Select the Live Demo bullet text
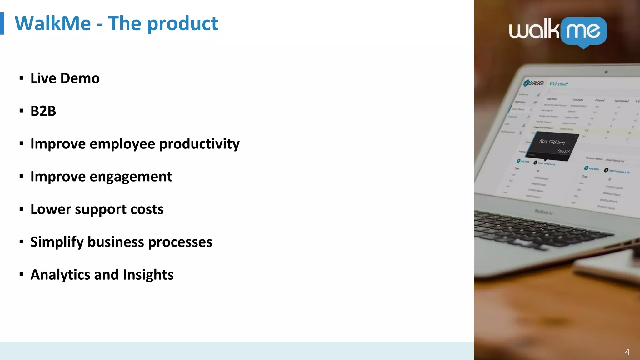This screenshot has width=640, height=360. pyautogui.click(x=65, y=78)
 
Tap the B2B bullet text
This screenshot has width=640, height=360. pyautogui.click(x=43, y=111)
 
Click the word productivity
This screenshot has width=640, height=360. pyautogui.click(x=199, y=144)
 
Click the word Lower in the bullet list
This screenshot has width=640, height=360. pyautogui.click(x=51, y=209)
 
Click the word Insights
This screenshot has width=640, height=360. pyautogui.click(x=148, y=275)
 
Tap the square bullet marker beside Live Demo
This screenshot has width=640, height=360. pyautogui.click(x=21, y=78)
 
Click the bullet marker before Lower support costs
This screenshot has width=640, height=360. pyautogui.click(x=21, y=209)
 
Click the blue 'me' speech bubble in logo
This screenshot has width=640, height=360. pyautogui.click(x=583, y=32)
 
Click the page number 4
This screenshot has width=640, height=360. pyautogui.click(x=627, y=352)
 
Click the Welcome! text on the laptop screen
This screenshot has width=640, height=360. pyautogui.click(x=559, y=84)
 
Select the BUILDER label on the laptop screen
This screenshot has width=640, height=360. pyautogui.click(x=536, y=83)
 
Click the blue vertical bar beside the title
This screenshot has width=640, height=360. pyautogui.click(x=2, y=23)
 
